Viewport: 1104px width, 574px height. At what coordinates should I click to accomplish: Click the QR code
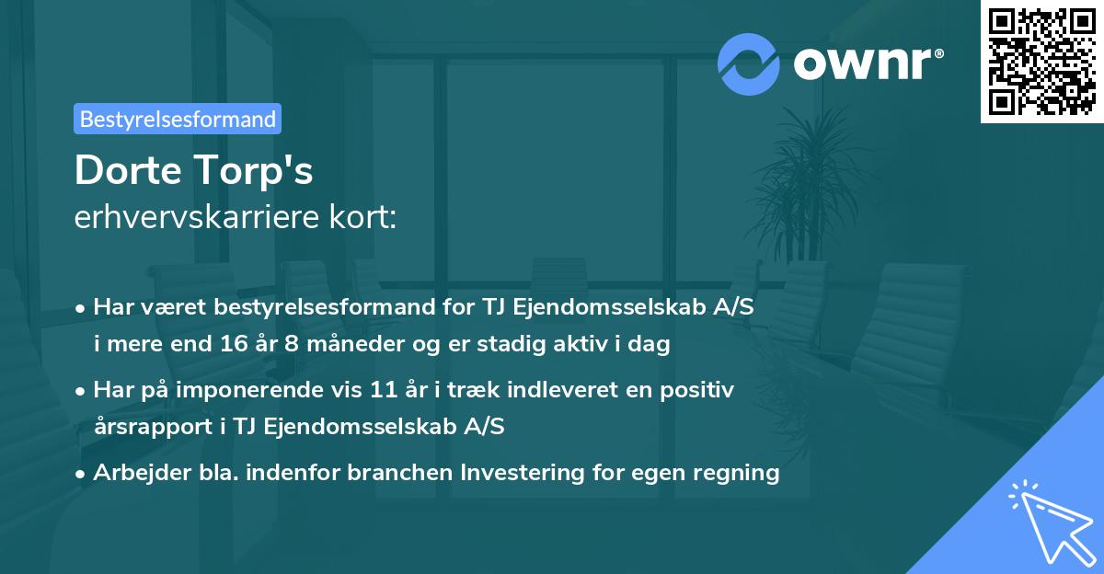click(x=1041, y=61)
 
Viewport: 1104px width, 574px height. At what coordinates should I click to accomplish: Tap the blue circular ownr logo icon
click(x=749, y=63)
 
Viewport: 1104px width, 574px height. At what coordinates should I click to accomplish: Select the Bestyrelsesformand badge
click(x=178, y=119)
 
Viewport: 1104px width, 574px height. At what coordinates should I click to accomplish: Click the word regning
click(x=736, y=474)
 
